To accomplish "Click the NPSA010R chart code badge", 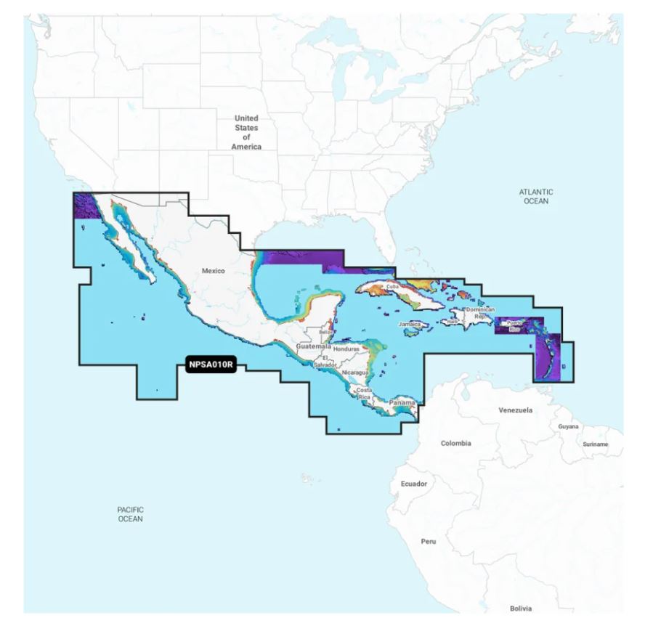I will pos(211,366).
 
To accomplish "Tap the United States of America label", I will pos(246,132).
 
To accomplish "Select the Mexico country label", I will pos(214,271).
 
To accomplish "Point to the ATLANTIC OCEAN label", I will pos(536,196).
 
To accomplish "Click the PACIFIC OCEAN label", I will pos(130,514).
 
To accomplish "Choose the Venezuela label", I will pos(515,410).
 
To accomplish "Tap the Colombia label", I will pos(455,443).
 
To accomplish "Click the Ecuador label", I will pos(414,483).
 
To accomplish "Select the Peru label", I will pos(429,542).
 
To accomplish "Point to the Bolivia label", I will pos(521,608).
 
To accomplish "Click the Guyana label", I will pos(568,427).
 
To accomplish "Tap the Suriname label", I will pos(595,444).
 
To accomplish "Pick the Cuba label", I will pos(393,287).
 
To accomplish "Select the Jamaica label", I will pos(410,324).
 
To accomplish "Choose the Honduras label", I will pos(346,349).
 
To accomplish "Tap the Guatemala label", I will pos(314,347).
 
